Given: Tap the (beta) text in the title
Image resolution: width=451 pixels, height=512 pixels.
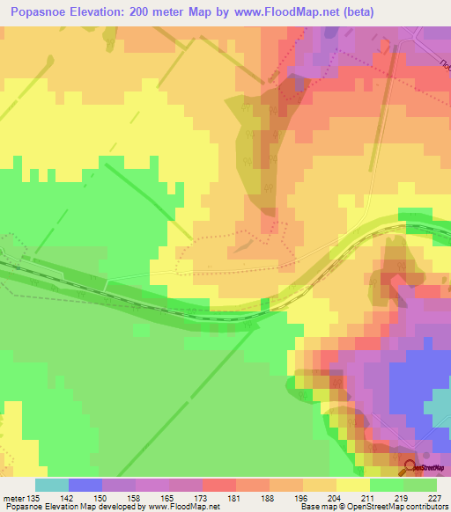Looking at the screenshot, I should click(x=358, y=12).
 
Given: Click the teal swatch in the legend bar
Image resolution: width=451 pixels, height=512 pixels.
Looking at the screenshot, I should click(x=51, y=485).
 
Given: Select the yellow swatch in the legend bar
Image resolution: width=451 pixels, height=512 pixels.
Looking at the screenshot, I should click(x=352, y=485).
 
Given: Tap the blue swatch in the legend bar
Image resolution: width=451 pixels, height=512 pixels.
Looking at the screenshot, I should click(x=85, y=485).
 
